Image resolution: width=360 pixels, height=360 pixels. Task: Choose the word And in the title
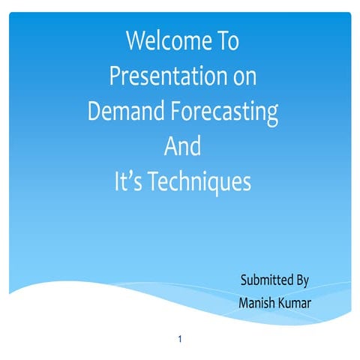(182, 146)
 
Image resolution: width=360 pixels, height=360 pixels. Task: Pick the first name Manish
(258, 303)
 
